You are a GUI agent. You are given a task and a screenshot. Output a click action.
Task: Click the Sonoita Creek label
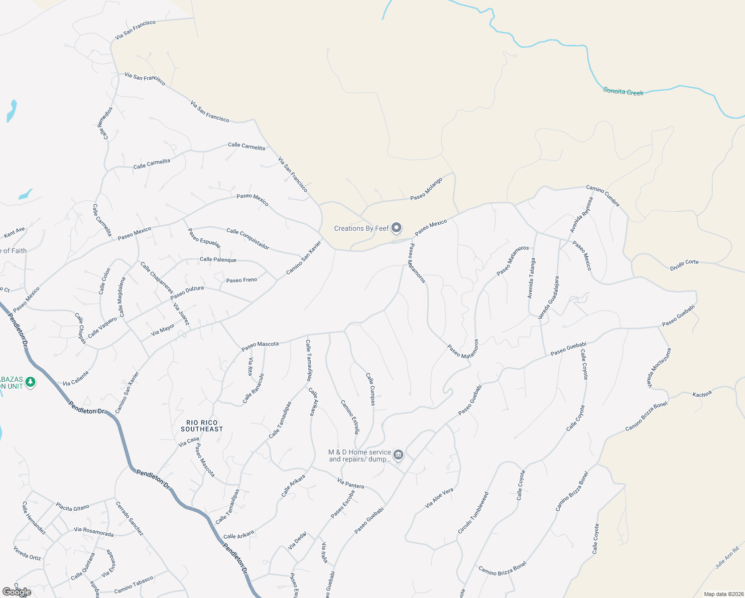[x=623, y=92]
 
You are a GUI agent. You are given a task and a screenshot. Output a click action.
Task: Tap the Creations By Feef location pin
[x=396, y=228]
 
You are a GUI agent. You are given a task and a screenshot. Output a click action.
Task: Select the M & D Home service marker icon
[x=398, y=454]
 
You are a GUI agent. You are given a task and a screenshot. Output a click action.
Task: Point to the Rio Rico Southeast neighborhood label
[x=202, y=426]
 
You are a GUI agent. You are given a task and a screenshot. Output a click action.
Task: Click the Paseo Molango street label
[x=426, y=189]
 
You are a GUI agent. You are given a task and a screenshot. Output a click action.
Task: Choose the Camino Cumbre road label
[x=603, y=195]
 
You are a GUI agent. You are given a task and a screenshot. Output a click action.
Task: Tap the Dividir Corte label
[x=684, y=265]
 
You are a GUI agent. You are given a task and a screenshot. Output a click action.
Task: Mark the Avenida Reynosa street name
[x=582, y=215]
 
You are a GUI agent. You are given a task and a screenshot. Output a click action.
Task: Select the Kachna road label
[x=702, y=395]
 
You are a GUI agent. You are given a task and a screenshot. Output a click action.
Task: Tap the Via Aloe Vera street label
[x=439, y=498]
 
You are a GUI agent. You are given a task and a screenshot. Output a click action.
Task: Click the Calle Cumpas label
[x=371, y=389]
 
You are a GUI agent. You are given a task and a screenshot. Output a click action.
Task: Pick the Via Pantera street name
[x=351, y=483]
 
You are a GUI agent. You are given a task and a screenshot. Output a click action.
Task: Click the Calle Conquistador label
[x=248, y=239]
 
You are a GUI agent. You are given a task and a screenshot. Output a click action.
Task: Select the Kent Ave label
[x=14, y=232]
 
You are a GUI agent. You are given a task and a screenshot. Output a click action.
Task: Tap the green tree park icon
[x=30, y=382]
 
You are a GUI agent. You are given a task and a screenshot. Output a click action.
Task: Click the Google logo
[x=16, y=592]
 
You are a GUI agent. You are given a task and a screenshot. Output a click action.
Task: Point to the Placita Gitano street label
[x=73, y=507]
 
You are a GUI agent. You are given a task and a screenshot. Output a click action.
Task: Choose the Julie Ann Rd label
[x=727, y=558]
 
